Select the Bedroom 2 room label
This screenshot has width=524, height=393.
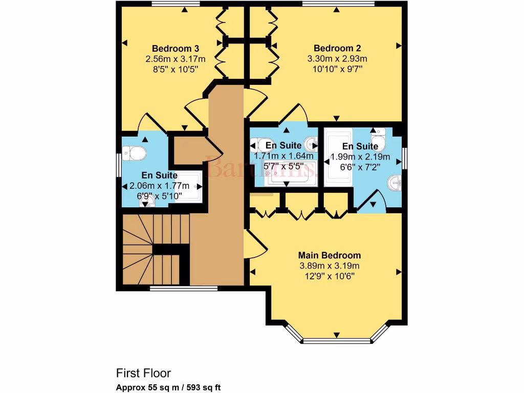click(337, 49)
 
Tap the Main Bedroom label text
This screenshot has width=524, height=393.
click(330, 255)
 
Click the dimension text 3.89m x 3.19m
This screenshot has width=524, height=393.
click(330, 266)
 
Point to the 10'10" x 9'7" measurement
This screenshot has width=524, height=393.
click(337, 69)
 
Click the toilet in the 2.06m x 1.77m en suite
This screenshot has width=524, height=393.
click(137, 152)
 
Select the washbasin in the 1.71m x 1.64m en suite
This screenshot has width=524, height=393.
click(310, 143)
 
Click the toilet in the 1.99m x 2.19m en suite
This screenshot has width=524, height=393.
click(378, 139)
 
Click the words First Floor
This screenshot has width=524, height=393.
click(143, 373)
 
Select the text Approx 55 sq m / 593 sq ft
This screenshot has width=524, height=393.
click(168, 387)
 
